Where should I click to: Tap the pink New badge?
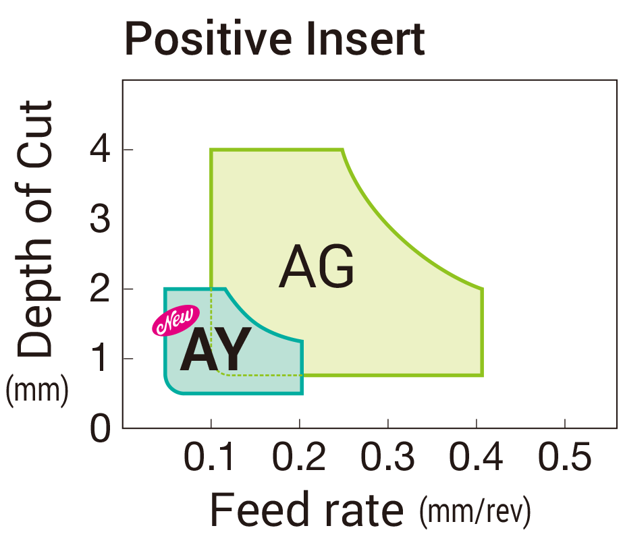tap(175, 320)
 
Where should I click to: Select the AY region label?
tap(215, 350)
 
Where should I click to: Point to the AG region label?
tap(317, 267)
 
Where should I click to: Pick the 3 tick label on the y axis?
tap(101, 221)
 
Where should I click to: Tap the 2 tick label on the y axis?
tap(101, 290)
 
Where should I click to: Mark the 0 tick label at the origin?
tap(101, 430)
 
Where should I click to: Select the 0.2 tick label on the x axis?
tap(299, 459)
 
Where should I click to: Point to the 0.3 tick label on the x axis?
tap(387, 459)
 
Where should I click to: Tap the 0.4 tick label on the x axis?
tap(477, 459)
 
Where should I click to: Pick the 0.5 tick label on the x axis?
tap(565, 459)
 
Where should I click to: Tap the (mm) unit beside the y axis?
tap(37, 391)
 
